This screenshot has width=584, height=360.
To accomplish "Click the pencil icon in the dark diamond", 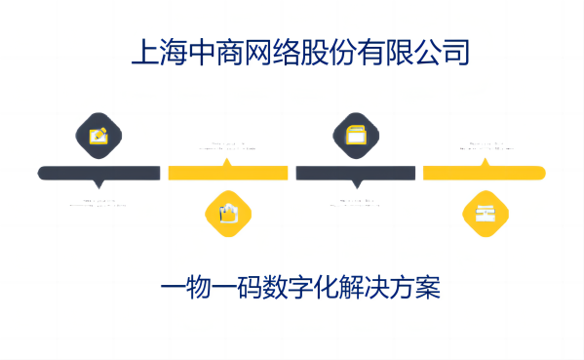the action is click(x=98, y=135).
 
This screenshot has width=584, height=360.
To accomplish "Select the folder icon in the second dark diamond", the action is click(x=356, y=135).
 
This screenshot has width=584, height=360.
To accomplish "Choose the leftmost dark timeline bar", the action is click(x=98, y=173).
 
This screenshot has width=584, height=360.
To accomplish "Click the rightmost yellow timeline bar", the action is click(x=484, y=173).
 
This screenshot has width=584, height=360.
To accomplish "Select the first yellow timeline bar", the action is click(x=228, y=173).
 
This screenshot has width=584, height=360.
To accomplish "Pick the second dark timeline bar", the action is click(x=356, y=173).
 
